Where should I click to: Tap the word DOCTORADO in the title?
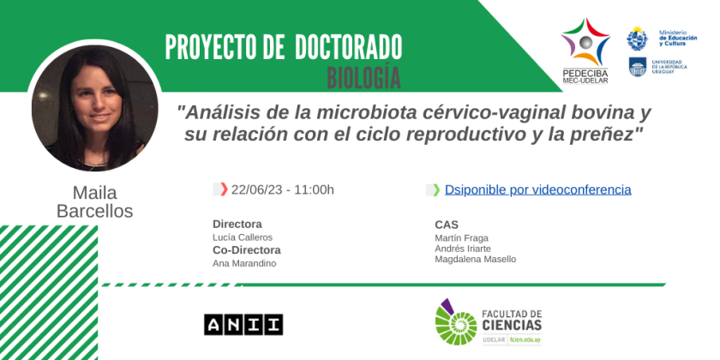point(349,47)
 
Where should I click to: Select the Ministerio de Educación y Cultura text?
point(678,38)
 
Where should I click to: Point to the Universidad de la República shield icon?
point(638,67)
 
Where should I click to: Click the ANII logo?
point(243,325)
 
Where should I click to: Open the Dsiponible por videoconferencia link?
point(537,189)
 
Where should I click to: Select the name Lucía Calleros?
point(243,237)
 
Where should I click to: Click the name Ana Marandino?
point(244,264)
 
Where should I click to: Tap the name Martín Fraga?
point(461,238)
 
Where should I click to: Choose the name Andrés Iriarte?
point(463,249)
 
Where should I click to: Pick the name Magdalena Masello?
point(475,260)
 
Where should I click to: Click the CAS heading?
point(447,225)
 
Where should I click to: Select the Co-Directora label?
point(247,250)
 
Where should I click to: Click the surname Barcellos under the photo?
point(94,211)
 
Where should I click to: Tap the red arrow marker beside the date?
point(224,189)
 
